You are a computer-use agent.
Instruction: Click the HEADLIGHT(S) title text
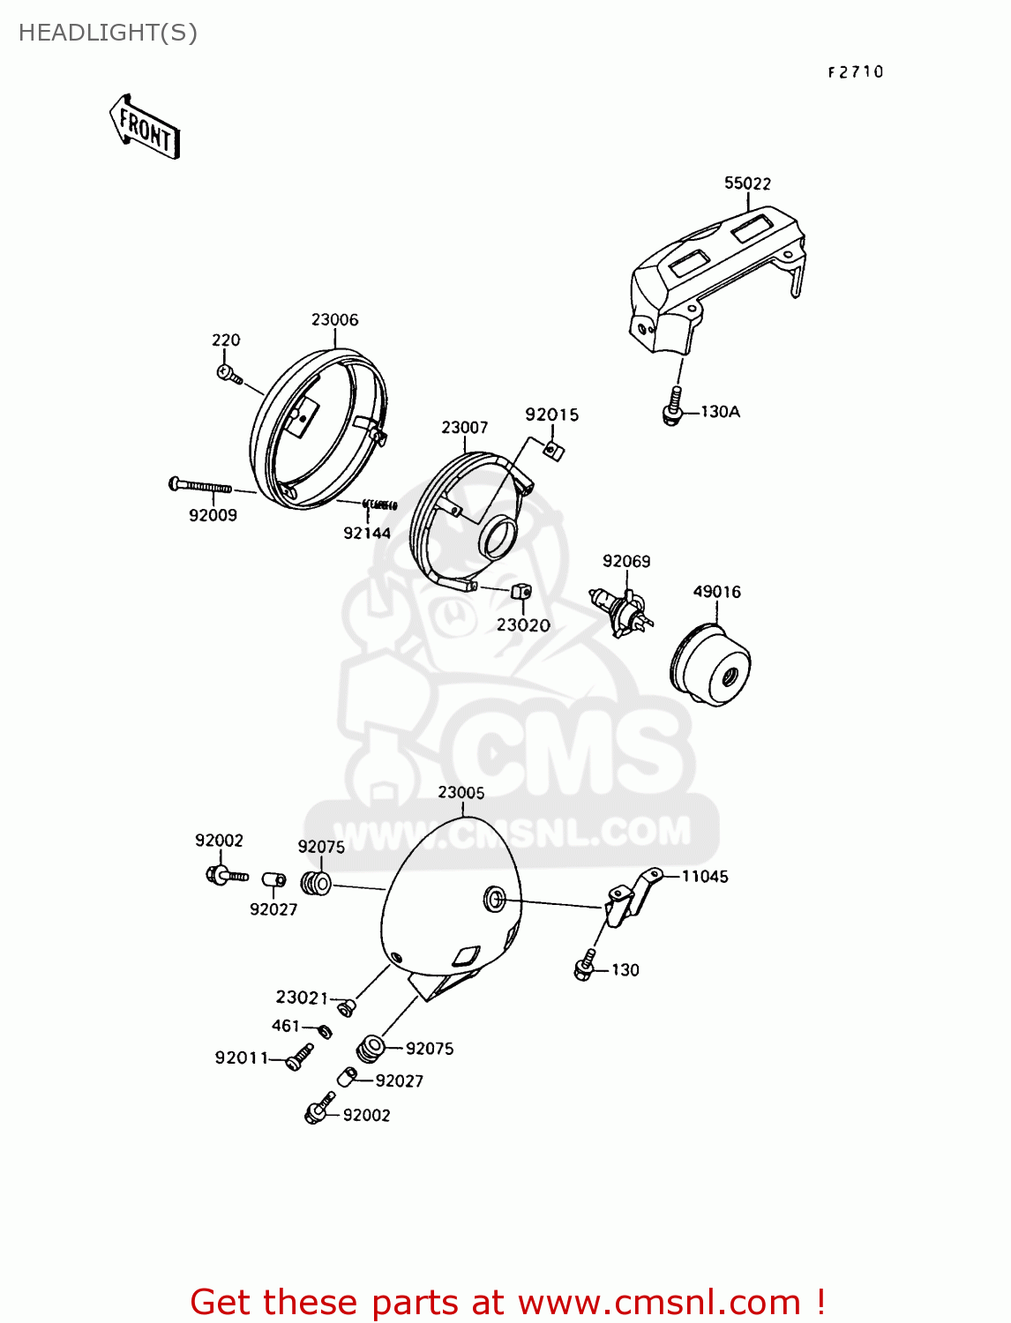click(108, 33)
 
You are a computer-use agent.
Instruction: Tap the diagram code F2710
click(855, 72)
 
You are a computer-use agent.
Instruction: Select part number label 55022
click(747, 183)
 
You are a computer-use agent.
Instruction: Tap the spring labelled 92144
click(380, 505)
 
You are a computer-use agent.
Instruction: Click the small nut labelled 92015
click(553, 451)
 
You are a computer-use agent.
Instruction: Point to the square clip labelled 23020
click(521, 591)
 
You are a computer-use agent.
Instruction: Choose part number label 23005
click(461, 793)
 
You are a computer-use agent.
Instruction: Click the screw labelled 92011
click(300, 1057)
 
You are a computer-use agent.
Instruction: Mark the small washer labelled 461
click(324, 1031)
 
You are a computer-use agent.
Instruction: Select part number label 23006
click(335, 320)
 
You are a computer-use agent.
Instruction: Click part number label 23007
click(465, 428)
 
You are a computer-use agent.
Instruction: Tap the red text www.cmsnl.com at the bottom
click(659, 1302)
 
